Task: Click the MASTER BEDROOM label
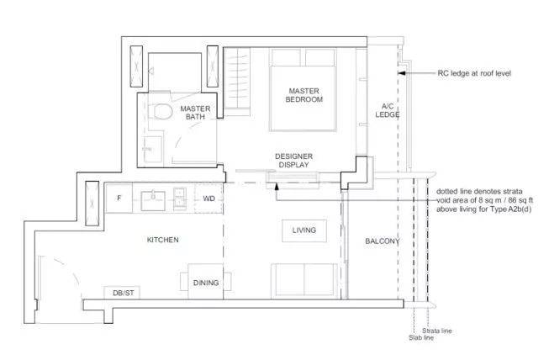pos(304,95)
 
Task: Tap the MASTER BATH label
pos(195,113)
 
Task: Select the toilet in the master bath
pos(162,111)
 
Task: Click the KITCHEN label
pos(163,240)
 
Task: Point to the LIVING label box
pos(304,230)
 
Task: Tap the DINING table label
pos(206,283)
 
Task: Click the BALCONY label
pos(383,241)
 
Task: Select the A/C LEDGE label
pos(388,110)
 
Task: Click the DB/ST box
pos(122,293)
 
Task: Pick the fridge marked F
pos(119,199)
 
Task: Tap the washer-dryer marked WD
pos(209,199)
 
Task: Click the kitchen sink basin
pos(153,201)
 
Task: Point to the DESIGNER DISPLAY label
pos(293,161)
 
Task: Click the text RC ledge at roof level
pos(474,73)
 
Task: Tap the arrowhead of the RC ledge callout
pos(401,73)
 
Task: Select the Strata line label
pos(437,331)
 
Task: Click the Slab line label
pos(421,337)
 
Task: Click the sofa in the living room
pos(304,280)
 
